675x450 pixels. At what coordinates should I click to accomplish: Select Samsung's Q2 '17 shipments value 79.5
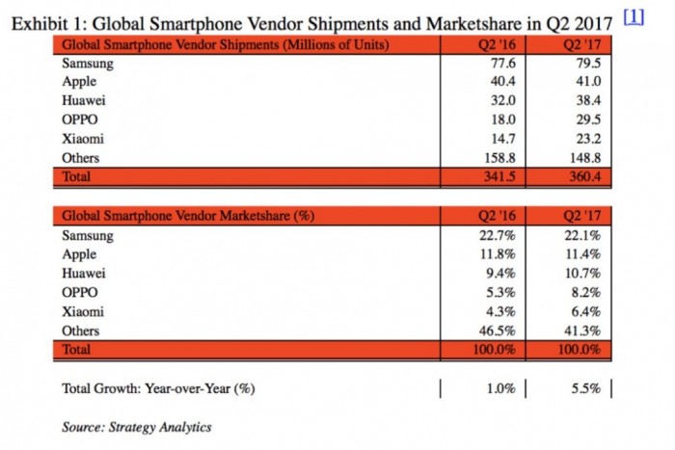tap(587, 65)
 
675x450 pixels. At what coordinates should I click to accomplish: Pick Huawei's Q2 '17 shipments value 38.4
tap(587, 101)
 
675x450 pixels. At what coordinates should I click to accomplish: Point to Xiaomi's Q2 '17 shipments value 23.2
tap(587, 138)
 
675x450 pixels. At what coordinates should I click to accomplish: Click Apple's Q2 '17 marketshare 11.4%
tap(584, 254)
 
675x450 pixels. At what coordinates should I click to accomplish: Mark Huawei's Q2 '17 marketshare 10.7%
tap(584, 273)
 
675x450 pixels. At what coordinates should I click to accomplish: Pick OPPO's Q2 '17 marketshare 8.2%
tap(587, 292)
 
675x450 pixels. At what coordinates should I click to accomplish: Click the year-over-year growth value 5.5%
tap(587, 388)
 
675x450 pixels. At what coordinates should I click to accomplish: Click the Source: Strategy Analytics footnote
tap(137, 426)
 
